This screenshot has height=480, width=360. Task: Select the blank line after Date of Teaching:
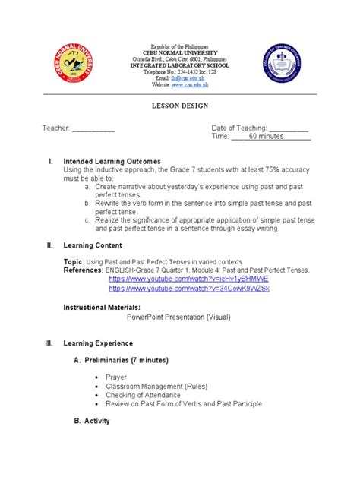[x=289, y=128]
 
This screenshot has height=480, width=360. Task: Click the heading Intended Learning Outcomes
[x=112, y=162]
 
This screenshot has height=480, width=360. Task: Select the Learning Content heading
[x=96, y=245]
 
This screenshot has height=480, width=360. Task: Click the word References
[x=82, y=270]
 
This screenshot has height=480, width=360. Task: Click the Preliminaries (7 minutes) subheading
[x=125, y=359]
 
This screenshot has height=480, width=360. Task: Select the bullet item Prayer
[x=118, y=377]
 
